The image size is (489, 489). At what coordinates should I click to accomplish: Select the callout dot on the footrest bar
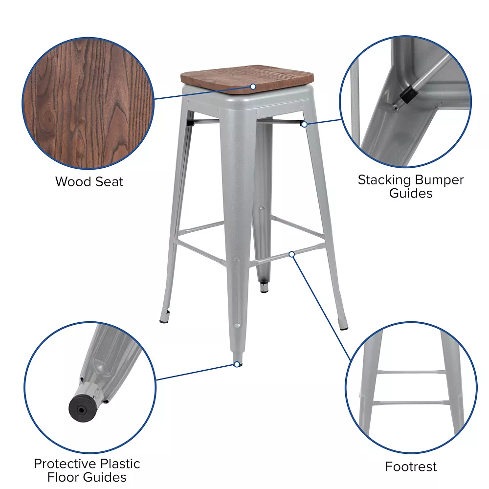291,254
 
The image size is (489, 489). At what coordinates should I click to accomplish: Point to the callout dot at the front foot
237,364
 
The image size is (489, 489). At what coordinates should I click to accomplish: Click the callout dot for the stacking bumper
304,124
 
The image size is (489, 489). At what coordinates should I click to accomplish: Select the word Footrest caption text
411,467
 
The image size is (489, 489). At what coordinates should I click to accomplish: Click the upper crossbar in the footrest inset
411,372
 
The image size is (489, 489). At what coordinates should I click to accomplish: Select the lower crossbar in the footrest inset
411,403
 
